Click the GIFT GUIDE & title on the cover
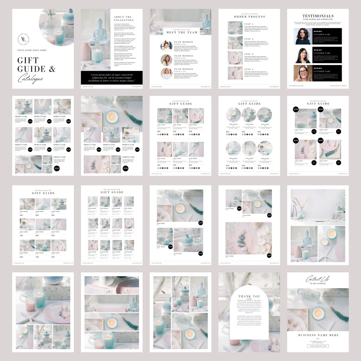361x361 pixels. coord(36,65)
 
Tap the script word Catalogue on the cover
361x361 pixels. coord(30,78)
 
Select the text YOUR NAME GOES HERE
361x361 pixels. coord(32,50)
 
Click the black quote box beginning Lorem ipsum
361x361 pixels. coord(111,78)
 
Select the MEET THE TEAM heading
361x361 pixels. coord(182,32)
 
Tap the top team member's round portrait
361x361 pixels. coord(167,46)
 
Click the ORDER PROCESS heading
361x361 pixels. coord(250,16)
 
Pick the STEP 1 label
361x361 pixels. coord(249,24)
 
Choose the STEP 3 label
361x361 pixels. coord(249,54)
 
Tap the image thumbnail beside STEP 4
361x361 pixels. coord(235,73)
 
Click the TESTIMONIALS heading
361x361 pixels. coord(318,16)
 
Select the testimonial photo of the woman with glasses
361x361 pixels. coord(301,73)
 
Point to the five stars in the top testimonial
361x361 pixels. coord(317,31)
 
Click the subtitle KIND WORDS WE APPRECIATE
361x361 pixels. coord(318,20)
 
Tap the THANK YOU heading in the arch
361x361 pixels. coord(249,296)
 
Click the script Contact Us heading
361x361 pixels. coord(317,279)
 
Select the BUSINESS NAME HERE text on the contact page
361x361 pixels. coord(318,335)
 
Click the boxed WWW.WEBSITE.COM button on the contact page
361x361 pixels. coord(318,346)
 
